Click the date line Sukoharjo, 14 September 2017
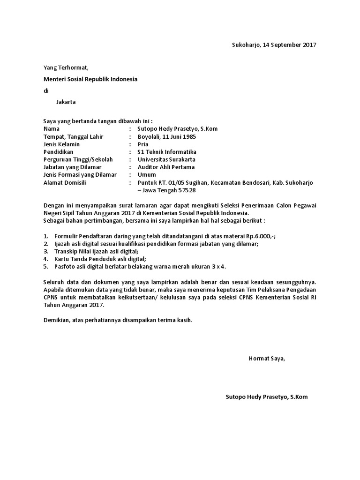[x=274, y=45]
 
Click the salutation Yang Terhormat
[x=66, y=68]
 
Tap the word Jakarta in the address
[x=66, y=102]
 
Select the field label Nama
[x=52, y=128]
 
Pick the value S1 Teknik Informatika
[x=167, y=152]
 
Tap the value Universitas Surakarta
[x=166, y=159]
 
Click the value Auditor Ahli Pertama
[x=166, y=167]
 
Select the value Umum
[x=146, y=174]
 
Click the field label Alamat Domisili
[x=64, y=182]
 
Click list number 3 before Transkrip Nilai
[x=46, y=251]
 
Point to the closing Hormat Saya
[x=266, y=359]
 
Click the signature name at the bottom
[x=266, y=397]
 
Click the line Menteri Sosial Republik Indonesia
[x=90, y=79]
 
